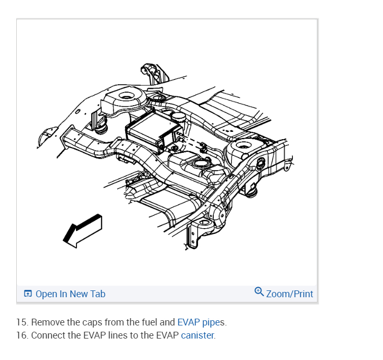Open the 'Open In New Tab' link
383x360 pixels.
coord(70,294)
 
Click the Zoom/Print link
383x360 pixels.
coord(289,294)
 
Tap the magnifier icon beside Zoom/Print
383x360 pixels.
coord(259,291)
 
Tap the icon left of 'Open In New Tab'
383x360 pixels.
coord(28,294)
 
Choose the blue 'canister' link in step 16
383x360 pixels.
coord(198,335)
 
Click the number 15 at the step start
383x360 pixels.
coord(22,322)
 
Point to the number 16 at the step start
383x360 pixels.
coord(22,335)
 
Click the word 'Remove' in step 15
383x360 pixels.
coord(46,322)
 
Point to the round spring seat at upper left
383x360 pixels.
coord(126,97)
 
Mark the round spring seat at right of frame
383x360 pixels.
coord(245,145)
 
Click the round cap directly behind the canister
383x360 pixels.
coord(178,115)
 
